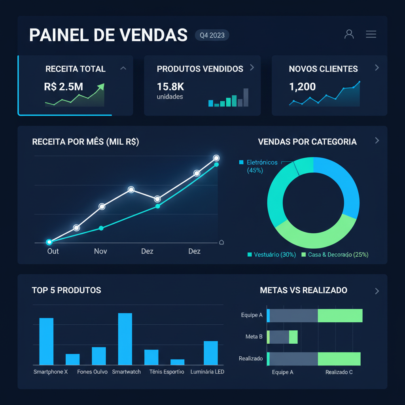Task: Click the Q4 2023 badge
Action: tap(212, 35)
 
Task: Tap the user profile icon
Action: tap(349, 34)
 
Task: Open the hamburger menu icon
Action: tap(371, 34)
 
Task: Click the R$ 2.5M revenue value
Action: tap(64, 87)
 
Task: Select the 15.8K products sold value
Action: tap(170, 87)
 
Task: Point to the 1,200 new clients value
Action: tap(302, 87)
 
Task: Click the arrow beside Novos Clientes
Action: tap(377, 68)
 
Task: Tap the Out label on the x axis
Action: tap(53, 251)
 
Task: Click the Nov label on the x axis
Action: tap(100, 251)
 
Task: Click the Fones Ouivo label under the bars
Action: tap(92, 372)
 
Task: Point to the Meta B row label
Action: tap(254, 337)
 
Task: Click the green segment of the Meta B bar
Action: tap(293, 337)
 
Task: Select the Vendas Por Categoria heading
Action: tap(307, 142)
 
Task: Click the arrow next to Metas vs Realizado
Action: tap(377, 291)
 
